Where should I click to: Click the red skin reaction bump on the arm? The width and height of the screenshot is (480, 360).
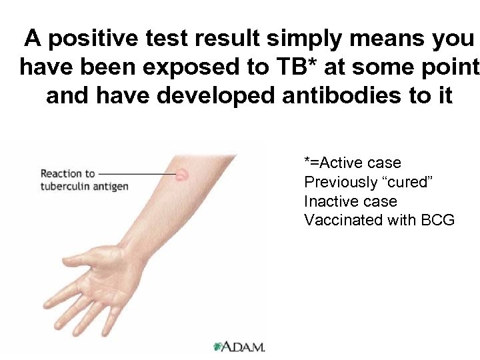tap(181, 175)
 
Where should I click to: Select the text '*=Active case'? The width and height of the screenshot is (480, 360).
tap(353, 163)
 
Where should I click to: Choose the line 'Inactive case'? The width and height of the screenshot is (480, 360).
tap(350, 201)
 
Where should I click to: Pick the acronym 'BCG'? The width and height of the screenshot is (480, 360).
tap(438, 220)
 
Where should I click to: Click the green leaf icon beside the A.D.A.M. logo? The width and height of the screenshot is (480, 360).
tap(217, 347)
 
